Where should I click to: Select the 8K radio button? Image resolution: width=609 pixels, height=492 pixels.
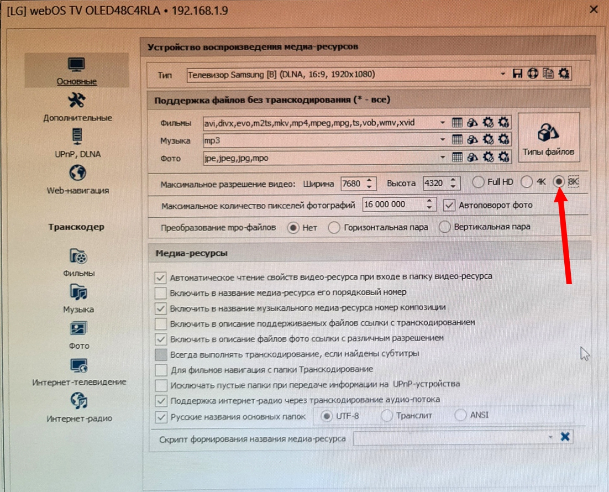point(559,181)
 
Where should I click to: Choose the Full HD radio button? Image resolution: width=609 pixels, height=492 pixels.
point(478,182)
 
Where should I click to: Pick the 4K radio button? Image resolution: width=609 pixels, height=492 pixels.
point(527,182)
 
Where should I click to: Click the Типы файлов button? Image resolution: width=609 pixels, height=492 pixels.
point(548,138)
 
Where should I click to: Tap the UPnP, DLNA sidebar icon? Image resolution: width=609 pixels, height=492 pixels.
point(77,137)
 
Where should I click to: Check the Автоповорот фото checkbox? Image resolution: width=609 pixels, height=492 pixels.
point(449,205)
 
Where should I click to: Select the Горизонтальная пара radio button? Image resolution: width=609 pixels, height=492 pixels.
point(334,227)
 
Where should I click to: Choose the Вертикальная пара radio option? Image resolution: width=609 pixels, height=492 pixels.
point(445,227)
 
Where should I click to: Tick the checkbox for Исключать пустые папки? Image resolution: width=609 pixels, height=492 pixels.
point(161,385)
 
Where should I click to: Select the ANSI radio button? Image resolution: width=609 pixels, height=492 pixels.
point(460,415)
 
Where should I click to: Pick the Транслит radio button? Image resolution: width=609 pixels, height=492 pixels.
point(386,416)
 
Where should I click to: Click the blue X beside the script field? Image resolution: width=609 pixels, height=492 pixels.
point(565,437)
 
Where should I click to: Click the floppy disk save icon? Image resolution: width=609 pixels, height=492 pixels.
point(517,74)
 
